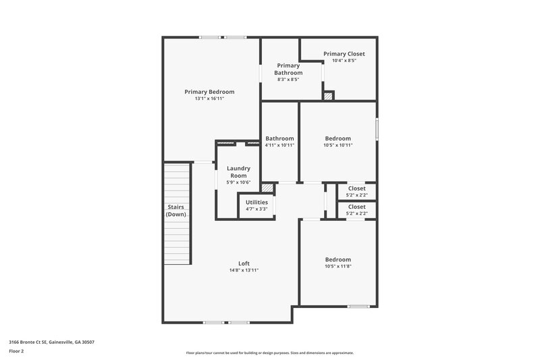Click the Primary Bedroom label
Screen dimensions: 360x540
coord(209,92)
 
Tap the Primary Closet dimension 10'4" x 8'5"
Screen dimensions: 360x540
coord(344,61)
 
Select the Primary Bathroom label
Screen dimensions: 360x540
coord(288,69)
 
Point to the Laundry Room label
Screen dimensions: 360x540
coord(238,172)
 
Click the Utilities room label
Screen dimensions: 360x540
coord(256,202)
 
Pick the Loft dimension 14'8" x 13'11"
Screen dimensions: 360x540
coord(244,270)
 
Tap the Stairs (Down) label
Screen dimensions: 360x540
coord(176,210)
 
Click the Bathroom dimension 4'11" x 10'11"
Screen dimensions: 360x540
coord(279,145)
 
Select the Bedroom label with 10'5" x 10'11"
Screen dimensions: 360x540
coord(337,138)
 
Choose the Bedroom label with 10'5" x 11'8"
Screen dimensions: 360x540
coord(337,259)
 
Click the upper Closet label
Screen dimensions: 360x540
coord(356,188)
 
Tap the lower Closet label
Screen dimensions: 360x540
coord(356,207)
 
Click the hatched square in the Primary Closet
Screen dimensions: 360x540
coord(329,97)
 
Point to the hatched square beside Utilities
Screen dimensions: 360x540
coord(267,188)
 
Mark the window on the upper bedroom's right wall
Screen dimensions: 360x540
coord(377,128)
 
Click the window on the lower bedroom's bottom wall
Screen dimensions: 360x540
coord(358,306)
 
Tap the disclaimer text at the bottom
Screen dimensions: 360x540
coord(269,353)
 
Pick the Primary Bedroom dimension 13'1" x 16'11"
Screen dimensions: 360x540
coord(209,99)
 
